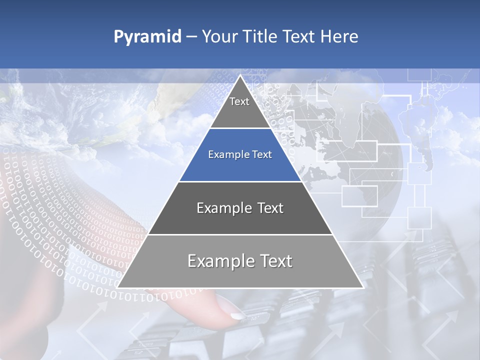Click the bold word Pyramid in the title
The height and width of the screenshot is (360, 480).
(x=147, y=37)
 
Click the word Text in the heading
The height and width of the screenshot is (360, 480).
(x=299, y=36)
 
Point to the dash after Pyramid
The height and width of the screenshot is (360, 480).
(x=191, y=37)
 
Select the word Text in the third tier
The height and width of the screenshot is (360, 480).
(x=269, y=208)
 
